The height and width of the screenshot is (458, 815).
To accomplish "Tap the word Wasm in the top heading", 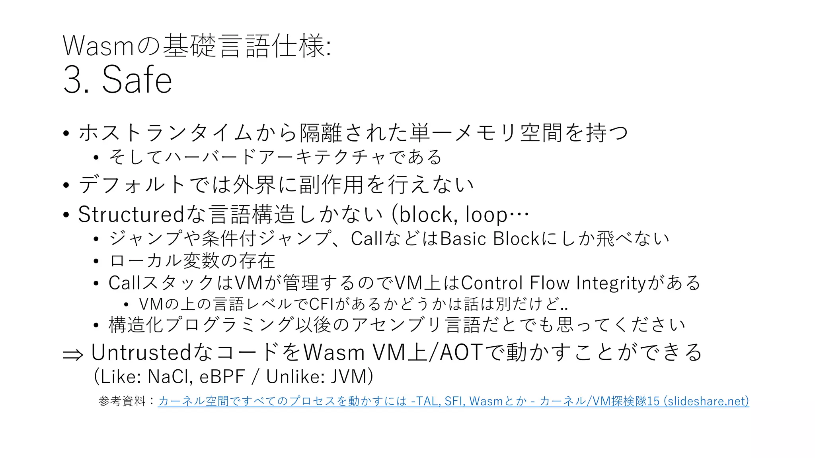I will [98, 46].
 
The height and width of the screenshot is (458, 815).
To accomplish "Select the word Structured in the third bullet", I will [131, 214].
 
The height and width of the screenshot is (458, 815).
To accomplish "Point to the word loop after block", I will [486, 215].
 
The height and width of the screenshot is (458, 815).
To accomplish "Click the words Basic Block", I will [490, 239].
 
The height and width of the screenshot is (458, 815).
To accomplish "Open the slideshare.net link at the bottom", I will [453, 401].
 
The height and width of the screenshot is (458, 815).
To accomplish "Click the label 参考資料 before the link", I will [122, 401].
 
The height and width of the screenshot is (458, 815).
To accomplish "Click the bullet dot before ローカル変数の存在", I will [96, 261].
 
